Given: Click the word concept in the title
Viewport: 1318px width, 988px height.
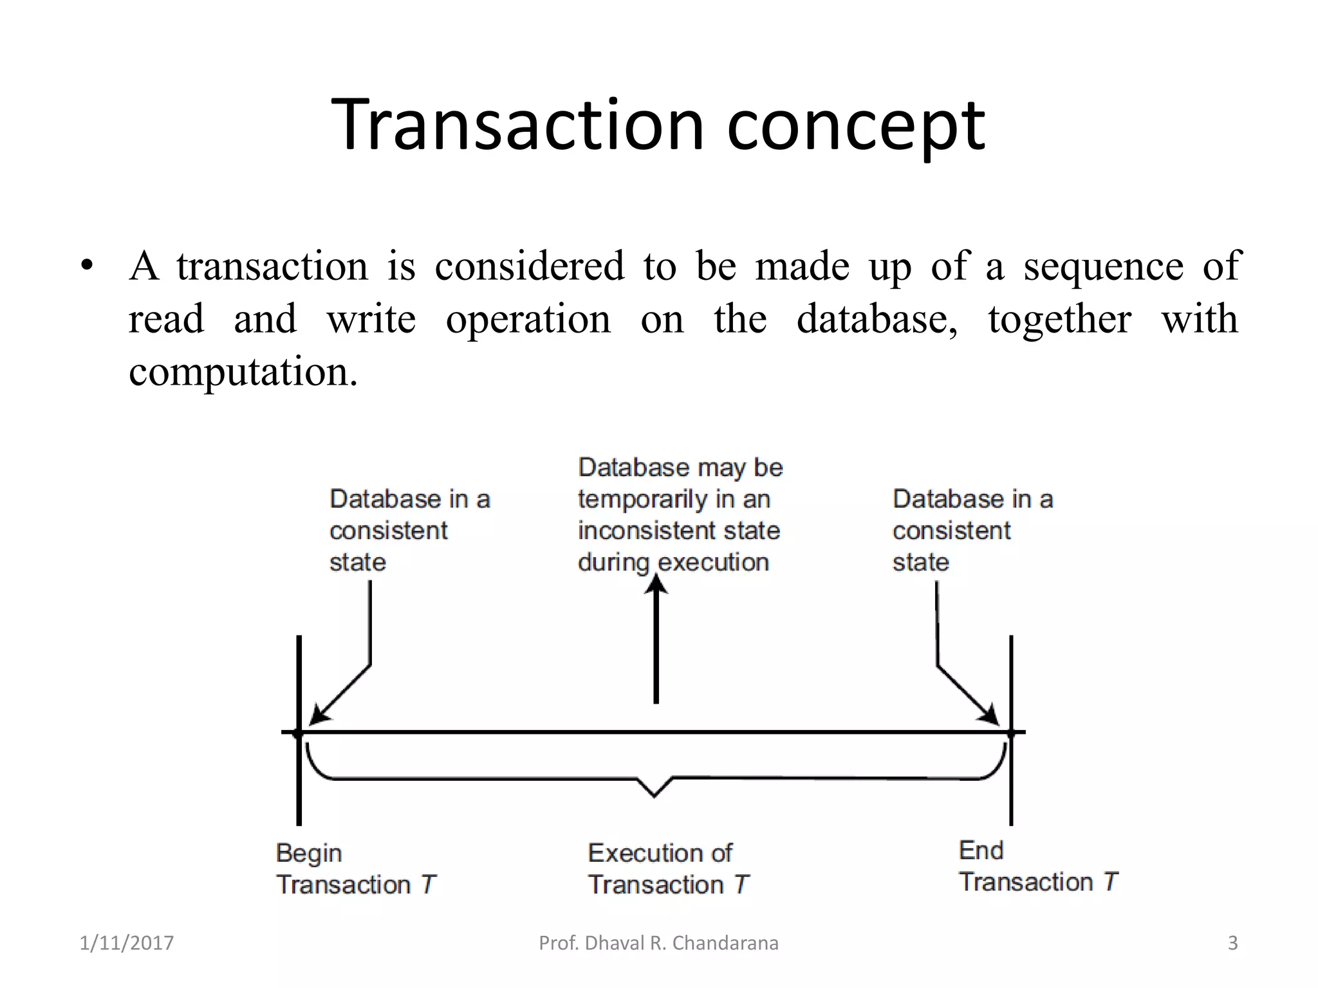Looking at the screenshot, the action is click(x=855, y=127).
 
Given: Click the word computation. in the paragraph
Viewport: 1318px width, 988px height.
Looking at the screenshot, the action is click(x=243, y=372).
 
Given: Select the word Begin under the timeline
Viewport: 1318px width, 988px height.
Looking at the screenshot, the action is click(x=309, y=854).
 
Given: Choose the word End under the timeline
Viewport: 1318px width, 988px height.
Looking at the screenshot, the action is click(x=981, y=850).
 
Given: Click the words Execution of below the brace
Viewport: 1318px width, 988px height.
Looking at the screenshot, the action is click(x=660, y=853).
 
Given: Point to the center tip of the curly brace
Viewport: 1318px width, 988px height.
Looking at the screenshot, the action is click(x=654, y=795).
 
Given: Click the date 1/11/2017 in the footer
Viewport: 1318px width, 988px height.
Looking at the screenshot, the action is click(x=127, y=943).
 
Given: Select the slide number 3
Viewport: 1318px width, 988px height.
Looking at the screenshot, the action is click(x=1232, y=943).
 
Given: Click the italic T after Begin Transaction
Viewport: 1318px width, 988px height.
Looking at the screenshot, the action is click(x=429, y=885).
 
